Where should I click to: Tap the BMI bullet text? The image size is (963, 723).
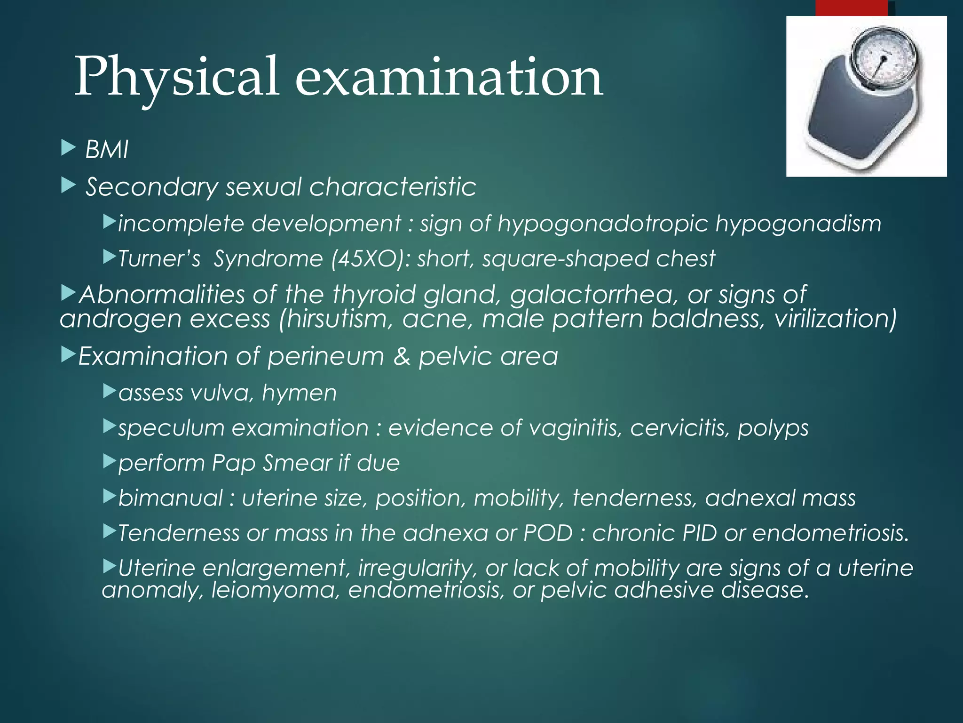coord(107,150)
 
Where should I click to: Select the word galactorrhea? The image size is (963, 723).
coord(595,295)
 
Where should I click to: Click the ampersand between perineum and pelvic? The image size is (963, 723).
coord(402,356)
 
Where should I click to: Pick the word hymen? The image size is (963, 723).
coord(300,393)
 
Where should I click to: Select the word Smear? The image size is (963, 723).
coord(297,463)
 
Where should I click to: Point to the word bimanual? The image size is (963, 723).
coord(171,498)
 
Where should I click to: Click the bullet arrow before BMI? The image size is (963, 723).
coord(69,148)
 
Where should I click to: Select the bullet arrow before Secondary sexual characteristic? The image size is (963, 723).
coord(69,185)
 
